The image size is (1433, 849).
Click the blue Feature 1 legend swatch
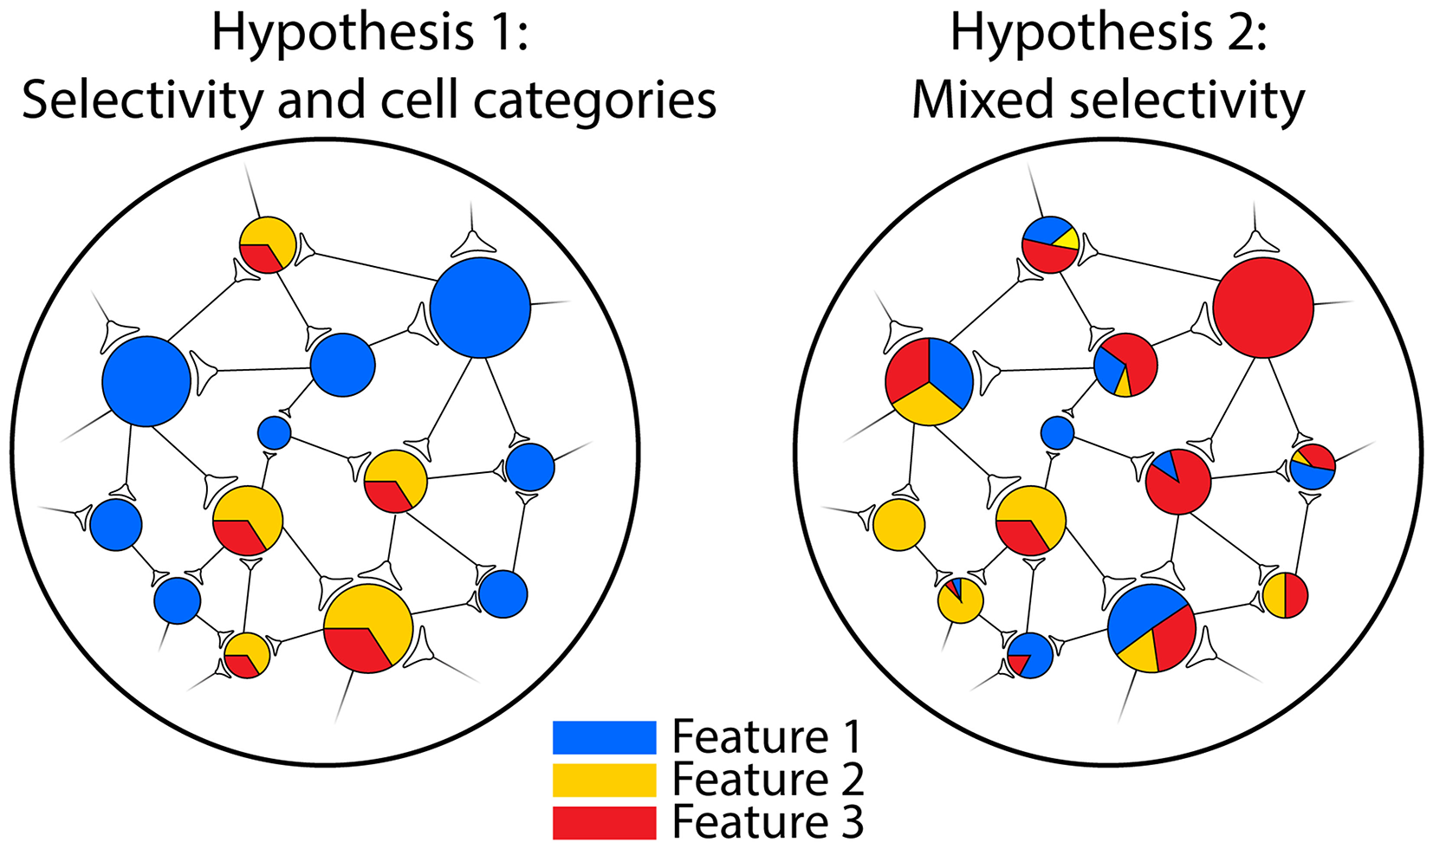[604, 737]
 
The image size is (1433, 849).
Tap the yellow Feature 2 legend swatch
[604, 780]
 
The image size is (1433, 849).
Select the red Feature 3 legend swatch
[604, 821]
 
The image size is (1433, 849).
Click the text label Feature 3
[768, 821]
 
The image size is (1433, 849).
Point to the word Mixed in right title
[985, 100]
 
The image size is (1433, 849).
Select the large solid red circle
[1263, 308]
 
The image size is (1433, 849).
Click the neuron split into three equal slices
[929, 381]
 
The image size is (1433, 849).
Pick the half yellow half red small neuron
[1285, 595]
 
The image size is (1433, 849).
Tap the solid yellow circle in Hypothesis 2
[898, 525]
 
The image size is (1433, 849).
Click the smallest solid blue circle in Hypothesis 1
[275, 432]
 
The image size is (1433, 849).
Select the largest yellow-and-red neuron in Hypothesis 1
[368, 628]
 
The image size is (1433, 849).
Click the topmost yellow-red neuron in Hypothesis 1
[267, 245]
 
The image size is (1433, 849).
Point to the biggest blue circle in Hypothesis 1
[480, 308]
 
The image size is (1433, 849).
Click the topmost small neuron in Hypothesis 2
[1050, 245]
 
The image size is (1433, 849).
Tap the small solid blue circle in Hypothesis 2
[1057, 432]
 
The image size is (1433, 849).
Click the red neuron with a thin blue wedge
[1178, 482]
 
